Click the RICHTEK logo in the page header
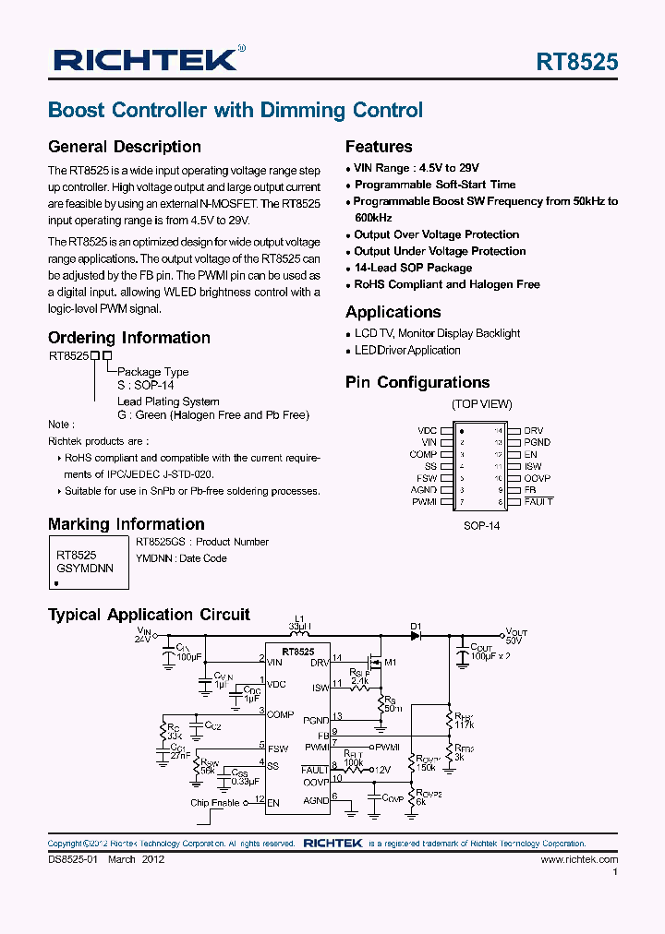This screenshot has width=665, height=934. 148,61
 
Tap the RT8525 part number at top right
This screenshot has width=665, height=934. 577,62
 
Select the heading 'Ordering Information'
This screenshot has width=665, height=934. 129,338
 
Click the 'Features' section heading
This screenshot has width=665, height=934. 379,147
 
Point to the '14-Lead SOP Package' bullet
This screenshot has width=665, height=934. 413,268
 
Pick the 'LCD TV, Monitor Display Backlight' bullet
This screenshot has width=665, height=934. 437,333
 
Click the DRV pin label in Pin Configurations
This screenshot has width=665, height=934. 533,431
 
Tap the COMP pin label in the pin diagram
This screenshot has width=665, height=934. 423,454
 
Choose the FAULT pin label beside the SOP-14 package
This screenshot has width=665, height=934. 538,501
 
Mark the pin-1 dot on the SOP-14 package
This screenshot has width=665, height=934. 463,431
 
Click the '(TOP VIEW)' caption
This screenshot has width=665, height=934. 481,404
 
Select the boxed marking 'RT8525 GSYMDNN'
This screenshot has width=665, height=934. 85,562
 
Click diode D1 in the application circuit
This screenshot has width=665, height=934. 416,634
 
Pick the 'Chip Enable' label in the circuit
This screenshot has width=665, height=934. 215,803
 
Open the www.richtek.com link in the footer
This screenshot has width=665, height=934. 579,859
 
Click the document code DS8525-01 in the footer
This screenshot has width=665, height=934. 71,859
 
